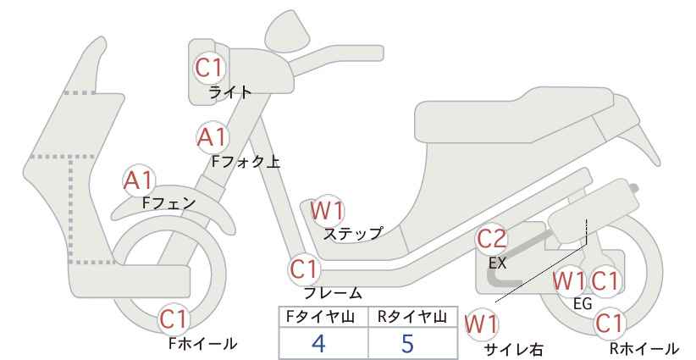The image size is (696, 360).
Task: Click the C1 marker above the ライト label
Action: pos(209,69)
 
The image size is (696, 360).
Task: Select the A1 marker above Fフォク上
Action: pos(213,137)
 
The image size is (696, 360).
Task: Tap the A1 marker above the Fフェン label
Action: pos(139,181)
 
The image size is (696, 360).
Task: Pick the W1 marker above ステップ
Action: pos(327,210)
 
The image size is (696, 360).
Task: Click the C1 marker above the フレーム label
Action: pos(305,269)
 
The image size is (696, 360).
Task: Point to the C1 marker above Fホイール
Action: pos(174,318)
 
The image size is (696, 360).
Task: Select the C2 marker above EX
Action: pos(491,239)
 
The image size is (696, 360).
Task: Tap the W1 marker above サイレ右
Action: pos(481,324)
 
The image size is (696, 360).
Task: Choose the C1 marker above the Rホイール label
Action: pos(610,324)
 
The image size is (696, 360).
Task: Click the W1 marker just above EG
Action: pos(570,281)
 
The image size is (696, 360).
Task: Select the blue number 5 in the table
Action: pos(407,343)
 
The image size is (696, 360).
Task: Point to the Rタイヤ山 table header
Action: pos(412,317)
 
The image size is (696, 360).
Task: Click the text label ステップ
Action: pos(352,234)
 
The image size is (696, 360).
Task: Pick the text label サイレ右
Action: pos(514,350)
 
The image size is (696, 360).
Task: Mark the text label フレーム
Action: pos(333,292)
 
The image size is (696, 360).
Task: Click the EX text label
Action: pos(498,263)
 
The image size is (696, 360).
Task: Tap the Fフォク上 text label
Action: pos(246,161)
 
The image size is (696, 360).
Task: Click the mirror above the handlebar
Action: pos(288,27)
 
